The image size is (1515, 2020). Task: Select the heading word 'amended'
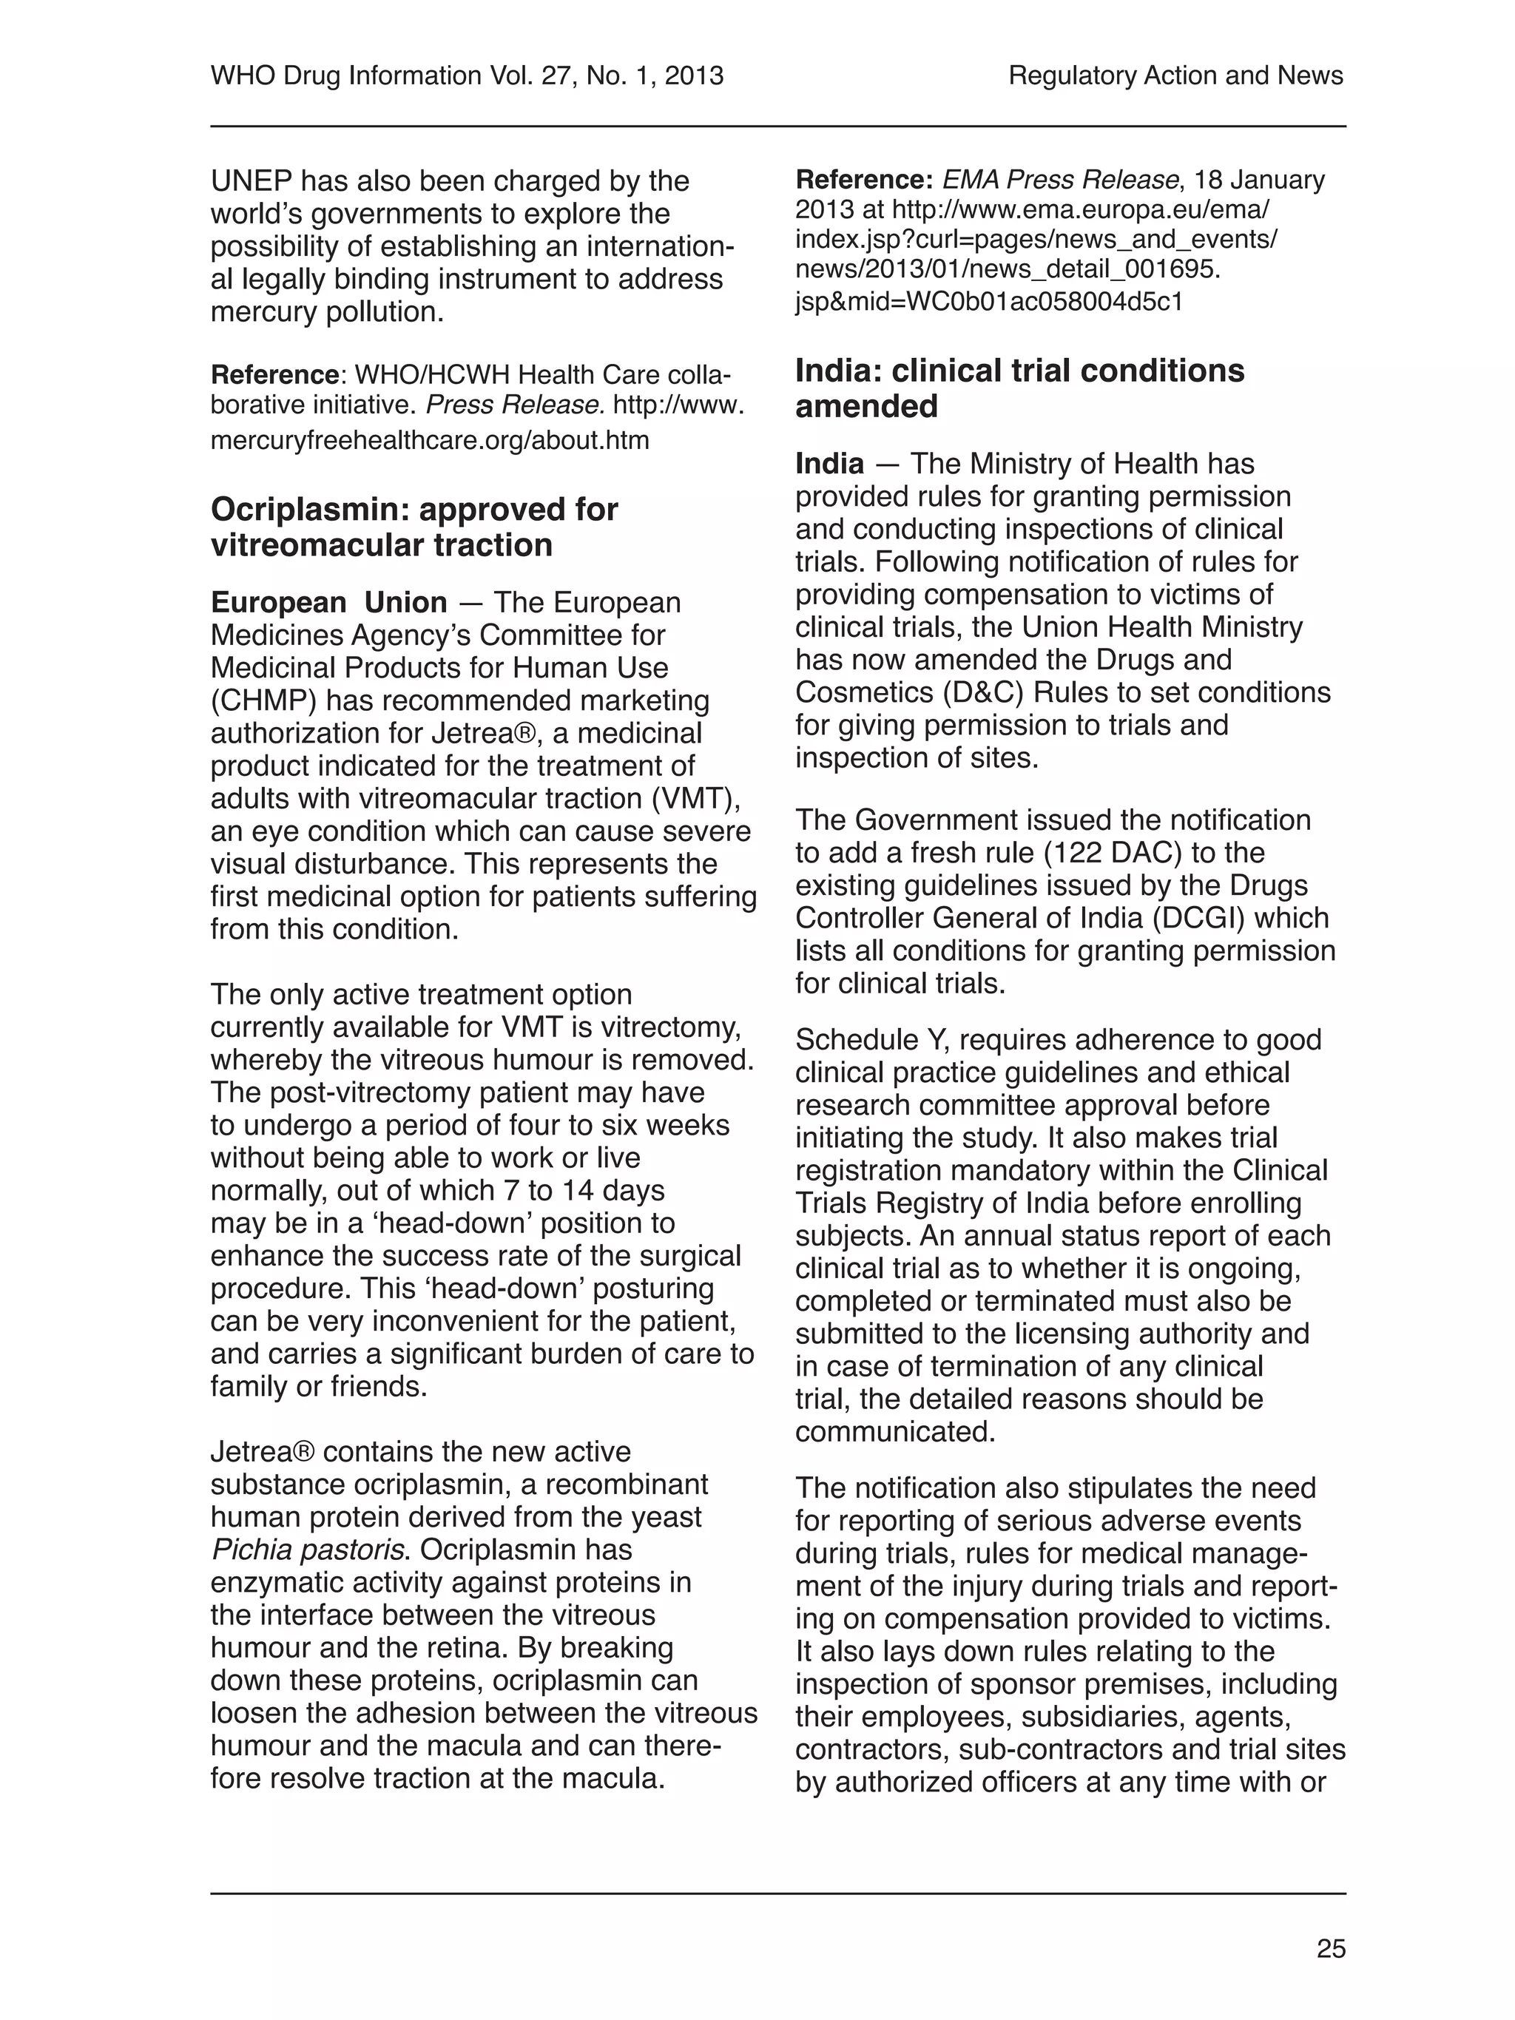pos(866,406)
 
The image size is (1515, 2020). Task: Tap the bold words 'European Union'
pos(328,603)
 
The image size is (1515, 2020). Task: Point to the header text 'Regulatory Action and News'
pos(1175,75)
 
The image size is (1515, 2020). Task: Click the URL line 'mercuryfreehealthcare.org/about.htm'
pos(429,441)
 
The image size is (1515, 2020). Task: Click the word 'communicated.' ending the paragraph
pos(895,1432)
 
